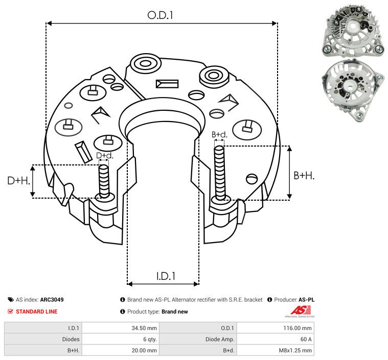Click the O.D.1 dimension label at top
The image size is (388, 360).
(161, 15)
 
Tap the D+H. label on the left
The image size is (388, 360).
(18, 181)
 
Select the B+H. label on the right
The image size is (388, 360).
(304, 176)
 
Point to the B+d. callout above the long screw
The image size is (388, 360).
(219, 135)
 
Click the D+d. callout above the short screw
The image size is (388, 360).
(104, 155)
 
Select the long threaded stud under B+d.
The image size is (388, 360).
(220, 174)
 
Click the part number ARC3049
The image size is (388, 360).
(52, 300)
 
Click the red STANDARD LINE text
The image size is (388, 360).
(36, 311)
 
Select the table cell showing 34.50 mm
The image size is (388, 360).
(144, 328)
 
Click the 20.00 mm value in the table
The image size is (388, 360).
(144, 350)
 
